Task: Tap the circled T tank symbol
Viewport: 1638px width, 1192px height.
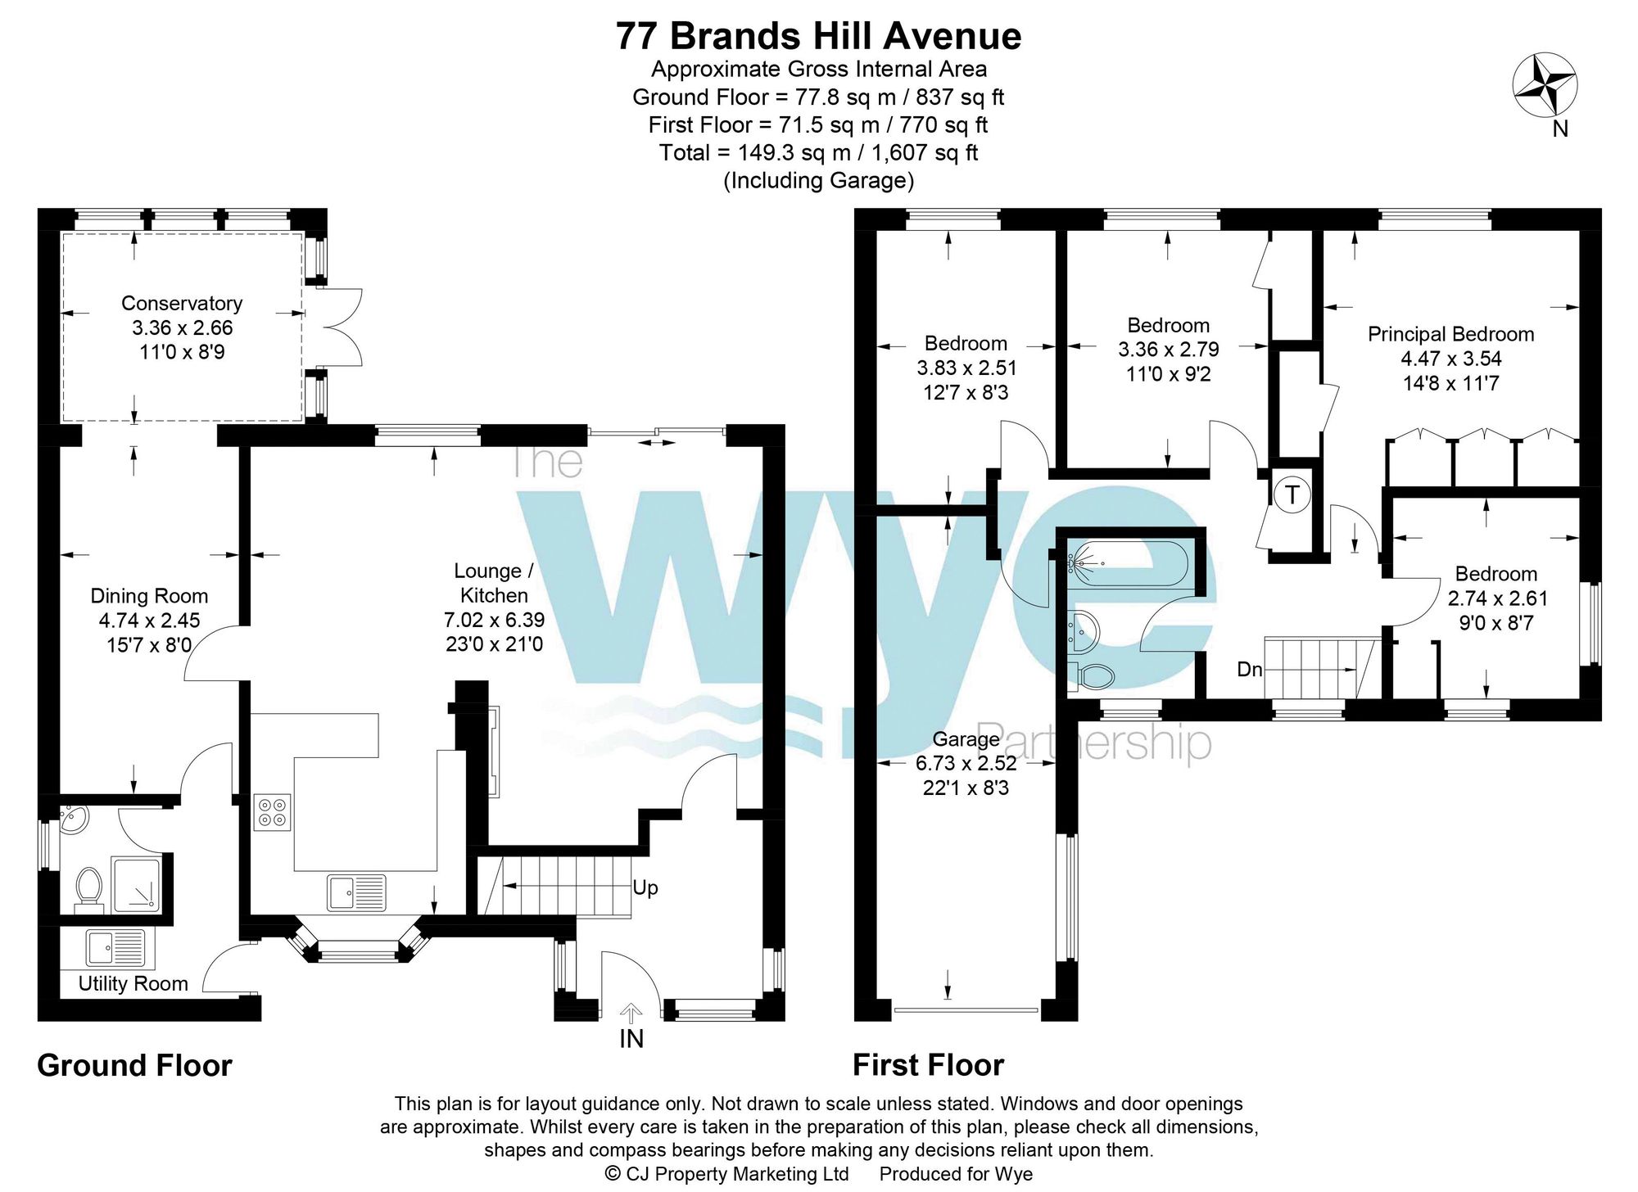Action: pyautogui.click(x=1292, y=494)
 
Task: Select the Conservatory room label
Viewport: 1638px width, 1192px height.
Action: pyautogui.click(x=182, y=303)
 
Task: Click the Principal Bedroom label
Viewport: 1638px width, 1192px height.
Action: pyautogui.click(x=1450, y=334)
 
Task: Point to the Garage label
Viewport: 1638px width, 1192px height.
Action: pyautogui.click(x=966, y=739)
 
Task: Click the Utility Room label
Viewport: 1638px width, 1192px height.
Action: pyautogui.click(x=133, y=983)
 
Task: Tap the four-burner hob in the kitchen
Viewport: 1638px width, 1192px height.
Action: pyautogui.click(x=272, y=812)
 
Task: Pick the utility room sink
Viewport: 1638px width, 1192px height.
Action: pyautogui.click(x=115, y=948)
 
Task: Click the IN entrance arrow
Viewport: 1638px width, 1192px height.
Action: pyautogui.click(x=631, y=1015)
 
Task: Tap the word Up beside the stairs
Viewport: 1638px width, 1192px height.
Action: pyautogui.click(x=645, y=888)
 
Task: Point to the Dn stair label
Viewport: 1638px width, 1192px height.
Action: pyautogui.click(x=1250, y=670)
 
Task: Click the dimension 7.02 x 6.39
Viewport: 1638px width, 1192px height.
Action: pyautogui.click(x=495, y=620)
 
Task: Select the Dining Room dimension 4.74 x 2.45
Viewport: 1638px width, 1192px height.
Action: pyautogui.click(x=149, y=621)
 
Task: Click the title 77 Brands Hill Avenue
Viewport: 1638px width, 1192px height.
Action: pyautogui.click(x=819, y=36)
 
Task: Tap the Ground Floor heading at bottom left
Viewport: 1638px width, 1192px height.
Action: pyautogui.click(x=135, y=1065)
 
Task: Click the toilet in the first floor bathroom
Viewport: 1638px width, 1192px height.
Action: pyautogui.click(x=1093, y=676)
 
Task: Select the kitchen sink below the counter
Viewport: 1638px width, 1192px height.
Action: pyautogui.click(x=357, y=892)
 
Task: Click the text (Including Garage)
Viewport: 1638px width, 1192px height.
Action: pyautogui.click(x=819, y=180)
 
